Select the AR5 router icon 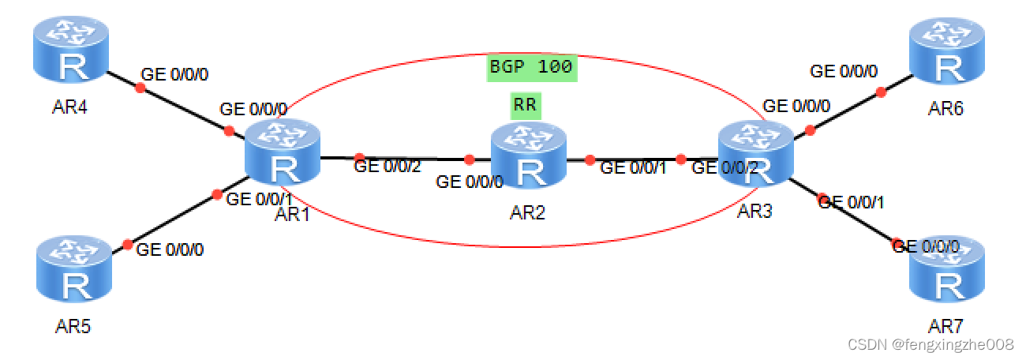tap(76, 270)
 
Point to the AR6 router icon tap(947, 53)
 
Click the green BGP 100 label tap(530, 67)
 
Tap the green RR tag tap(526, 104)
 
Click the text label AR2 tap(528, 213)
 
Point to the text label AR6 tap(945, 108)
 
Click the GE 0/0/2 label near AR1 tap(388, 167)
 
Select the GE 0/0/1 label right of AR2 tap(634, 167)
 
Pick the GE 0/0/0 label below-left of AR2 tap(470, 182)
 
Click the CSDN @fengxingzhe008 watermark tap(930, 345)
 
